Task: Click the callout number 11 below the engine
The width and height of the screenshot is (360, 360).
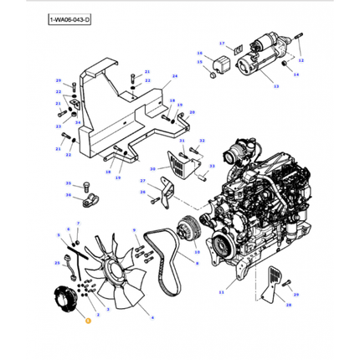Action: (221, 291)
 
